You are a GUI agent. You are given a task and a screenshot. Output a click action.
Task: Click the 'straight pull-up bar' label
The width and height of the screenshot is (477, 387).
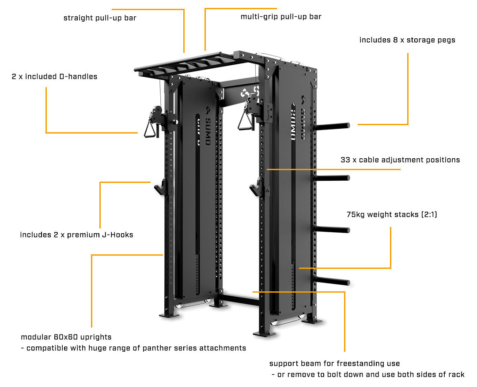tap(100, 18)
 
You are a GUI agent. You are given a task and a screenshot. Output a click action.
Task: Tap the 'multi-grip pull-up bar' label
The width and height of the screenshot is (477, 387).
tap(281, 17)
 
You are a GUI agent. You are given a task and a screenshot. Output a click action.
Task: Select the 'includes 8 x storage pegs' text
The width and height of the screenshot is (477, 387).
tap(407, 40)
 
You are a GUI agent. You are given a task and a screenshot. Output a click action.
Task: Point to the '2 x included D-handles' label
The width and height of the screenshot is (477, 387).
tap(54, 77)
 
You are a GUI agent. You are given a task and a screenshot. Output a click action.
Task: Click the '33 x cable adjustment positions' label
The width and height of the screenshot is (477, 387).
tap(400, 160)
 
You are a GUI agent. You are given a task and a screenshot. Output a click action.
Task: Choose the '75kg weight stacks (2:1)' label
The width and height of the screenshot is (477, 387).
tap(392, 215)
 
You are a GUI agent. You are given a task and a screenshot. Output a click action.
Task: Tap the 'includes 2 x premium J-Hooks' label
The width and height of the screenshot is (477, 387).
tap(77, 234)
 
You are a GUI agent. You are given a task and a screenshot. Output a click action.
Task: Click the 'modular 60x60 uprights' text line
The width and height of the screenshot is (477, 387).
tap(66, 337)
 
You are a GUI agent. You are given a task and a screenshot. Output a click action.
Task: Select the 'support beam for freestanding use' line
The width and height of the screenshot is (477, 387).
tap(335, 364)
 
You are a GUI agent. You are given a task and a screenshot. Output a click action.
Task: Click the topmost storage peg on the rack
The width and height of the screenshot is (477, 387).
tap(332, 126)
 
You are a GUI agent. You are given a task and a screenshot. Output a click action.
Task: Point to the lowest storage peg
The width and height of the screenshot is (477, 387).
tap(332, 281)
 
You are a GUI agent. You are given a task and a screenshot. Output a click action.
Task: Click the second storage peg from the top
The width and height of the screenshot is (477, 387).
tap(332, 178)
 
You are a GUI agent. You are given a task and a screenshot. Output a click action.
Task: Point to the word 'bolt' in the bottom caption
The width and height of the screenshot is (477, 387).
tap(335, 375)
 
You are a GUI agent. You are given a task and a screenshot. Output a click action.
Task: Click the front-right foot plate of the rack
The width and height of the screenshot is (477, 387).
tap(265, 334)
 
